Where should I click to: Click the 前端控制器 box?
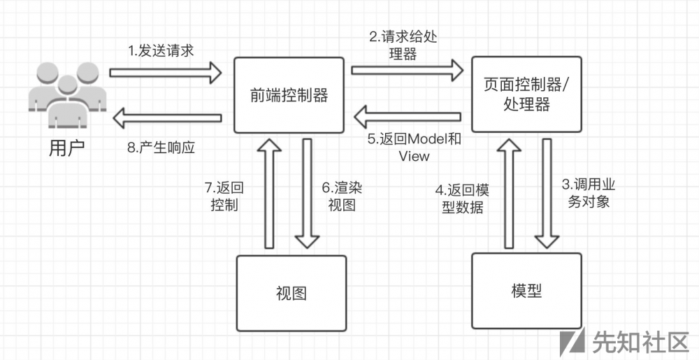point(289,95)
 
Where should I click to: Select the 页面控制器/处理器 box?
point(526,94)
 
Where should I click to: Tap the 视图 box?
point(291,292)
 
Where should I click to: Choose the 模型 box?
point(526,290)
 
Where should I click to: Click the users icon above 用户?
point(67,94)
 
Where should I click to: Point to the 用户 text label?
point(67,148)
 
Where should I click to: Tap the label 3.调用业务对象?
point(589,194)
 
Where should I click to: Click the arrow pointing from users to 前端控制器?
point(166,71)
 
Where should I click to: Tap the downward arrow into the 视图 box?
point(307,192)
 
